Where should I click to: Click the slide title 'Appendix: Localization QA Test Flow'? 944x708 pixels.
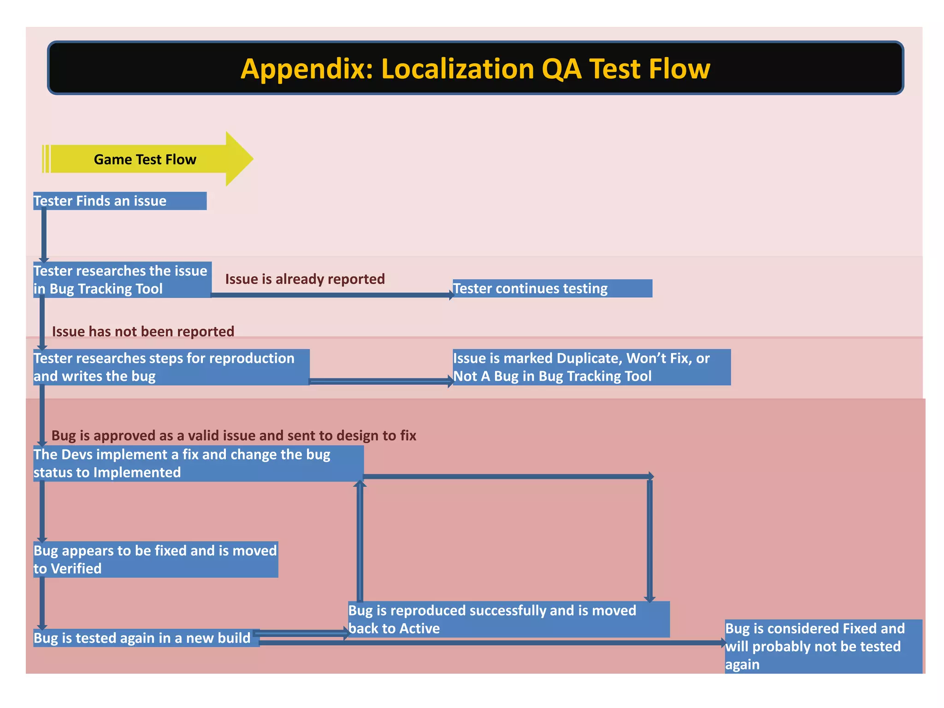click(475, 69)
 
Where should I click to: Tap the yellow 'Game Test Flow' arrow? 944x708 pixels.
click(146, 159)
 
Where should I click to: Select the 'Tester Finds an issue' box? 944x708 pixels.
click(120, 201)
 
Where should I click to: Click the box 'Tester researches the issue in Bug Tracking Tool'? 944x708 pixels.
click(122, 280)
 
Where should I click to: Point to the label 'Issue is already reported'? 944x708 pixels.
click(305, 279)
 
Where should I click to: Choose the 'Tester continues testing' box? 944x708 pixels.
click(552, 289)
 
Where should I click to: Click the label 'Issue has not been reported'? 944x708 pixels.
click(143, 331)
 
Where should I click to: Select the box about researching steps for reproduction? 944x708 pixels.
click(171, 367)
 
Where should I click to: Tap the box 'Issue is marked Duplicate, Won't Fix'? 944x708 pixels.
click(591, 367)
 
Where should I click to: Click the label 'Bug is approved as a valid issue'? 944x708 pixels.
click(234, 436)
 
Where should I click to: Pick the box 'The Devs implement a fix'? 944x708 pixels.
click(198, 463)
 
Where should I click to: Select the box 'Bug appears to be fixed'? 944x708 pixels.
click(155, 560)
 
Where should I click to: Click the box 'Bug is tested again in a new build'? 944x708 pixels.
click(146, 638)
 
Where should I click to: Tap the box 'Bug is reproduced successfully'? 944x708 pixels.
click(508, 619)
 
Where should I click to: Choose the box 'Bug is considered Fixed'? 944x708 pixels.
click(823, 646)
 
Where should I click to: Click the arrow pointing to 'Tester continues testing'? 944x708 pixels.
click(332, 295)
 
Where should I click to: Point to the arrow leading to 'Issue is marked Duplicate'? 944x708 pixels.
click(381, 381)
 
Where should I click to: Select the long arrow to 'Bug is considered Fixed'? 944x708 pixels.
click(491, 643)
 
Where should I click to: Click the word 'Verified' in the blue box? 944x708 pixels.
click(76, 569)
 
